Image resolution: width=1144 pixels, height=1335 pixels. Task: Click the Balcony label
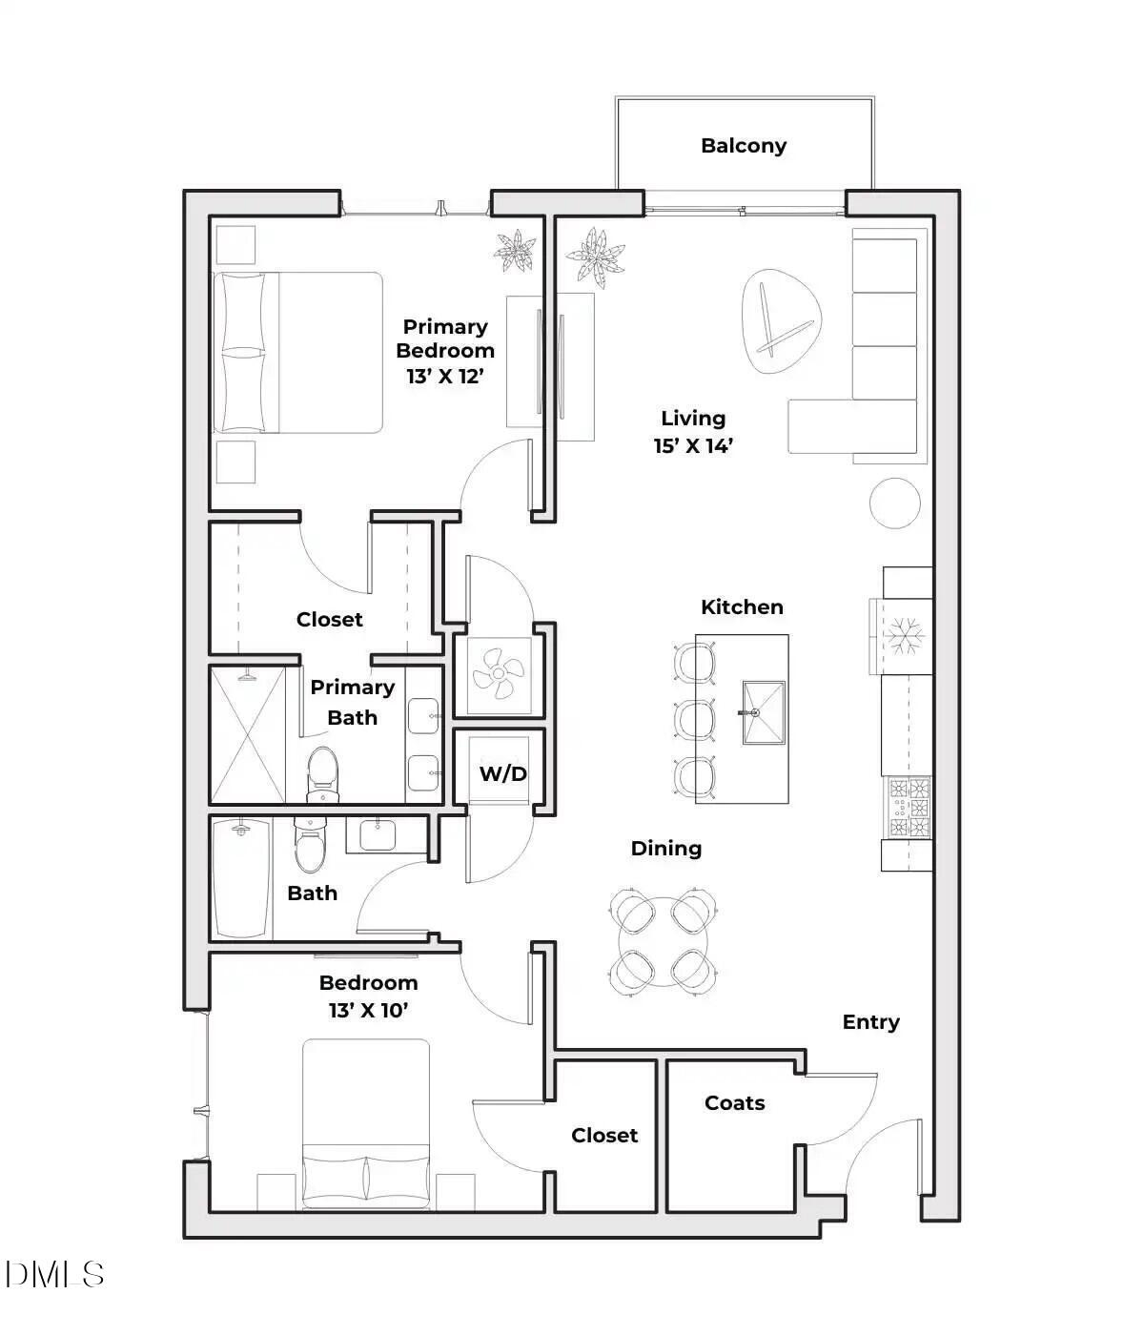coord(744,146)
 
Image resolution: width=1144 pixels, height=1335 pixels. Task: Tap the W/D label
coord(502,773)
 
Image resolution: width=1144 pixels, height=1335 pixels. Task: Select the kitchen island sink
coord(764,712)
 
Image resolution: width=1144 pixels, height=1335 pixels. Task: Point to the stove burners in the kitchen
coord(909,808)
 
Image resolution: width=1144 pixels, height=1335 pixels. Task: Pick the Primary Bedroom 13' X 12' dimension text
coord(445,376)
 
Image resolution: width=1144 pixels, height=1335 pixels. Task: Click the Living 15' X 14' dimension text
coord(693,445)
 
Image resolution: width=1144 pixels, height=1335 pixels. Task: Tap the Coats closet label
coord(734,1103)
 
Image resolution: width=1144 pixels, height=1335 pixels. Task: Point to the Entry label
coord(870,1022)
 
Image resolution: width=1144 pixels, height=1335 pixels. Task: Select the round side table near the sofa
coord(895,503)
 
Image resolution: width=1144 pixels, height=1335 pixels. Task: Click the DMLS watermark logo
coord(54,1274)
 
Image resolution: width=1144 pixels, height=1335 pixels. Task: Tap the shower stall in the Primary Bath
coord(247,735)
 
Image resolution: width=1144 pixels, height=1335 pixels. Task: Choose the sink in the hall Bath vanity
coord(379,834)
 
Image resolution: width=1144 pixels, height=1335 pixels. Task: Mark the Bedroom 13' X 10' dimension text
coord(368,1010)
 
